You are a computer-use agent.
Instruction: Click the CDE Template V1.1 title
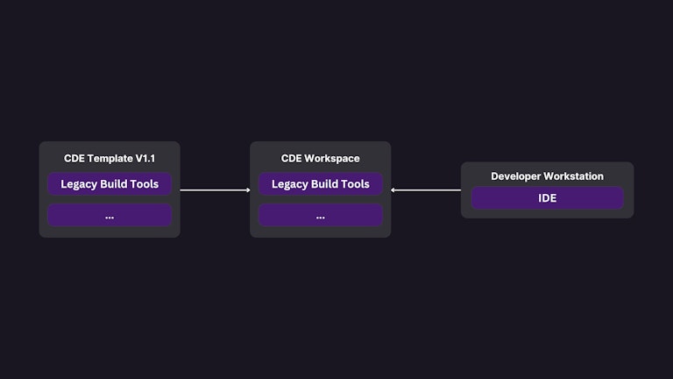(110, 159)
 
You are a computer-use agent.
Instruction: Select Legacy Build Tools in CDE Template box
(110, 184)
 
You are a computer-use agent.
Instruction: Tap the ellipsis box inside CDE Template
(110, 216)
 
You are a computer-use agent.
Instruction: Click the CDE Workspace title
(321, 159)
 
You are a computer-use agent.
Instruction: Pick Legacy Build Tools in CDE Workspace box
(321, 184)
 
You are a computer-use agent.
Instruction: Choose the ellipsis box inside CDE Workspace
(321, 216)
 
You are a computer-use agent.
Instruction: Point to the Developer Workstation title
(547, 176)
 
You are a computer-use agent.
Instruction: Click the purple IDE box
(547, 198)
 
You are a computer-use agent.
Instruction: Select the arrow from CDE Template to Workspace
(215, 189)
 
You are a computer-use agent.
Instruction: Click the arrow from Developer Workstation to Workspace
(426, 189)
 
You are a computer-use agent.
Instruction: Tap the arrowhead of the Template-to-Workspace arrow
(248, 189)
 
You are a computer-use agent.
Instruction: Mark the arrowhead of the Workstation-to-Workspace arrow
(393, 189)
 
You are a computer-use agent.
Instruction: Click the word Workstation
(574, 176)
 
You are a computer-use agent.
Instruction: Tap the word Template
(109, 159)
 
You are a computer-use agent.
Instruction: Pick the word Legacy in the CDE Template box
(77, 184)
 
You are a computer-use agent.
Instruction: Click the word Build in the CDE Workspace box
(324, 184)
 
